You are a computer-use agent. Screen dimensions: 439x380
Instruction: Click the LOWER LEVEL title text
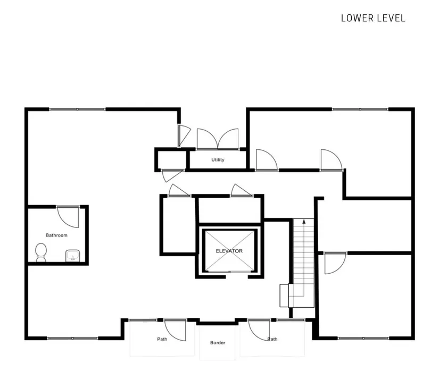point(373,19)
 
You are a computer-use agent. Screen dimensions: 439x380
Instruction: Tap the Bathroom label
point(56,235)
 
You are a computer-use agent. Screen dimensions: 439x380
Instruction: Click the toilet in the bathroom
point(41,252)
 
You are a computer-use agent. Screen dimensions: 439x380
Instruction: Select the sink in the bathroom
point(72,256)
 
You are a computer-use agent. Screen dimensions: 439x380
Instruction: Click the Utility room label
point(218,159)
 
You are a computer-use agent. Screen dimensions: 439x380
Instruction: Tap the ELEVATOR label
point(229,251)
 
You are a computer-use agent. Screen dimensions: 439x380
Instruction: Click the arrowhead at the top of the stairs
point(304,222)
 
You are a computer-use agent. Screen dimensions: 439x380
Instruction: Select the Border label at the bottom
point(218,342)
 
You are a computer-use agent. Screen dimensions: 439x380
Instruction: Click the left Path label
point(162,339)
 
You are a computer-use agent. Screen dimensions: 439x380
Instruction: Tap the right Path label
point(272,339)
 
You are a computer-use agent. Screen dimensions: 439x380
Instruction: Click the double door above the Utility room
point(218,139)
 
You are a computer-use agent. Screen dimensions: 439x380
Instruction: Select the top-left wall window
point(78,109)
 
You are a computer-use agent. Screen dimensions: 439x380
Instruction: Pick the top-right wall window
point(360,109)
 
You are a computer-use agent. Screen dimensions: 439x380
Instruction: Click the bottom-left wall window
point(72,339)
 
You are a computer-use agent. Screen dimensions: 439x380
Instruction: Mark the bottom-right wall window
point(363,339)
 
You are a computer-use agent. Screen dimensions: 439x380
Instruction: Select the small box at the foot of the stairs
point(284,295)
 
